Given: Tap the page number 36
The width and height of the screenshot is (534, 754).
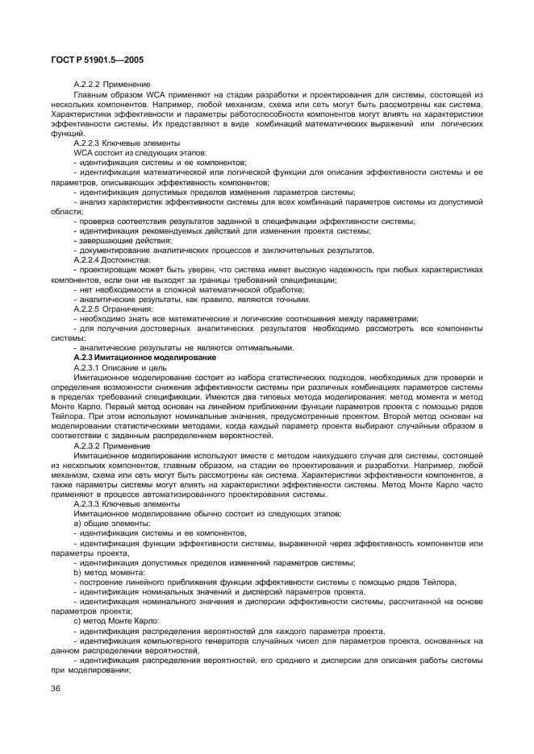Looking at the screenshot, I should tap(56, 689).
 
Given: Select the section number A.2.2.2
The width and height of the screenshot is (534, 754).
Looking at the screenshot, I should tap(86, 85).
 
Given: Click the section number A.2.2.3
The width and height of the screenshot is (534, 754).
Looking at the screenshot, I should tap(86, 143).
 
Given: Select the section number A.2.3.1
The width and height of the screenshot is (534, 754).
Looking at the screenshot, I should tap(86, 367).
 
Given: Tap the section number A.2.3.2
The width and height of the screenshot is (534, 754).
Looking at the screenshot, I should tap(86, 445).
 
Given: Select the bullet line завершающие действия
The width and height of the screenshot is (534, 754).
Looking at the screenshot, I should tap(123, 241).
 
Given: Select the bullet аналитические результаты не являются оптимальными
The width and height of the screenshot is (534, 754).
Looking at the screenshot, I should tap(173, 347).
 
